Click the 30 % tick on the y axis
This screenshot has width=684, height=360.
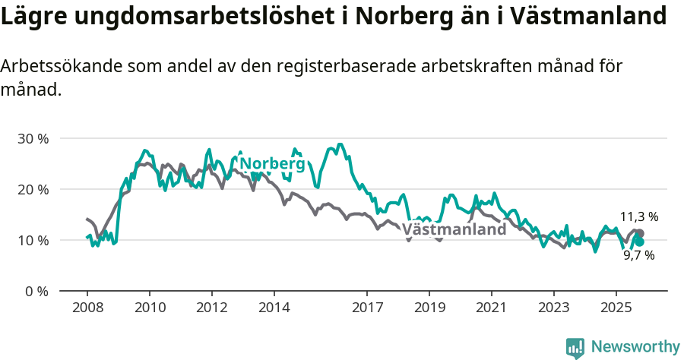33,139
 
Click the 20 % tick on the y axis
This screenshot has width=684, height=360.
33,189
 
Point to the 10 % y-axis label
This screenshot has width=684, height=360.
33,241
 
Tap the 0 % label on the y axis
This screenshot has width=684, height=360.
37,291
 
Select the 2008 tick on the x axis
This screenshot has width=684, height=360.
87,308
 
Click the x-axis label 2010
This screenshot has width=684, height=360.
150,308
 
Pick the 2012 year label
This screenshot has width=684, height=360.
211,308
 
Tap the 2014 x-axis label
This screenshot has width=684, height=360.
274,308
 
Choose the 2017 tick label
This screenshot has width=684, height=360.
367,308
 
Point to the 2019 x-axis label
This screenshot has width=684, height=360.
429,308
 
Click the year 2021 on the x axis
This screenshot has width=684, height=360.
491,308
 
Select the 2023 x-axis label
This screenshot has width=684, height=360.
553,308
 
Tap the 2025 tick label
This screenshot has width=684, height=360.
616,308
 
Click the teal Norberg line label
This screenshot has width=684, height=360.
272,164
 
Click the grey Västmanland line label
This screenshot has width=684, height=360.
454,229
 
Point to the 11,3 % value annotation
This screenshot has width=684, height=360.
638,217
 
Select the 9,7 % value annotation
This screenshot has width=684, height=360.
638,256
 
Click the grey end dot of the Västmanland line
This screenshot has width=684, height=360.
640,233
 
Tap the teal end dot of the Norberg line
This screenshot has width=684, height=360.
640,242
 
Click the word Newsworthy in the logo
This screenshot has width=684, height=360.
635,347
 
